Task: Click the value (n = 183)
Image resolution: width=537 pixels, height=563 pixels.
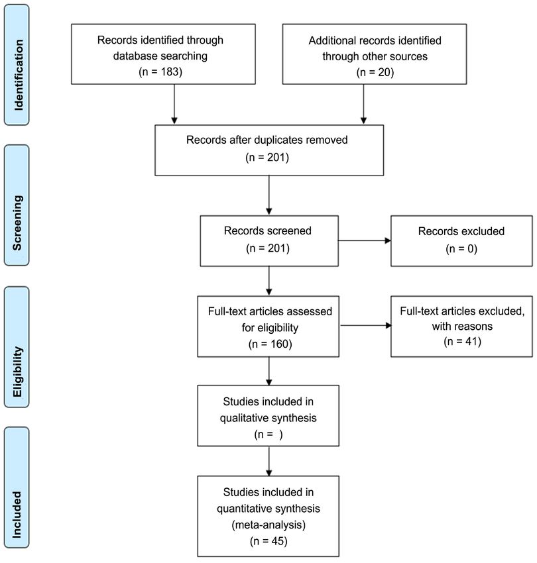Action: click(160, 72)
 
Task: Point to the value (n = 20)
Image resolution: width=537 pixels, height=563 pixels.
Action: click(375, 72)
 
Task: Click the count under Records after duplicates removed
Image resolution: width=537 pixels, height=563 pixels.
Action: click(267, 157)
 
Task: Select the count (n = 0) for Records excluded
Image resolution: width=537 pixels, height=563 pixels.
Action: click(461, 248)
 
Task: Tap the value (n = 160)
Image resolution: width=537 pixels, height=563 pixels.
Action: click(270, 344)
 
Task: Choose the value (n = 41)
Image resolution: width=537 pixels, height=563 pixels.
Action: click(462, 341)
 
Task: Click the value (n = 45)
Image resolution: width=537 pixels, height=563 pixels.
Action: click(268, 540)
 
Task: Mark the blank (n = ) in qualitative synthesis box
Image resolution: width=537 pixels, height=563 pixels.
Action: click(268, 435)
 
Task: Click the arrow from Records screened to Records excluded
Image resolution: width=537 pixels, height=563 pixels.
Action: click(365, 240)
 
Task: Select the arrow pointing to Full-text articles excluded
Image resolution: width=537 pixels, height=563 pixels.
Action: click(366, 325)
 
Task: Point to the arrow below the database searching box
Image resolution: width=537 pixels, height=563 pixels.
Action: click(174, 104)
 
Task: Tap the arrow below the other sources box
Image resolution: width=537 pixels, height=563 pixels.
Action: click(363, 104)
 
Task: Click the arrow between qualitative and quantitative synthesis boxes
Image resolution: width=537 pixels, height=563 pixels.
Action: click(269, 461)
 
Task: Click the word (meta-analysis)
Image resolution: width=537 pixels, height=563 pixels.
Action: click(268, 525)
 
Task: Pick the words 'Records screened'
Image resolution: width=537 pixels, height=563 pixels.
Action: click(267, 230)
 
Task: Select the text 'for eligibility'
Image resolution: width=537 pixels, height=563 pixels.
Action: click(270, 327)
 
